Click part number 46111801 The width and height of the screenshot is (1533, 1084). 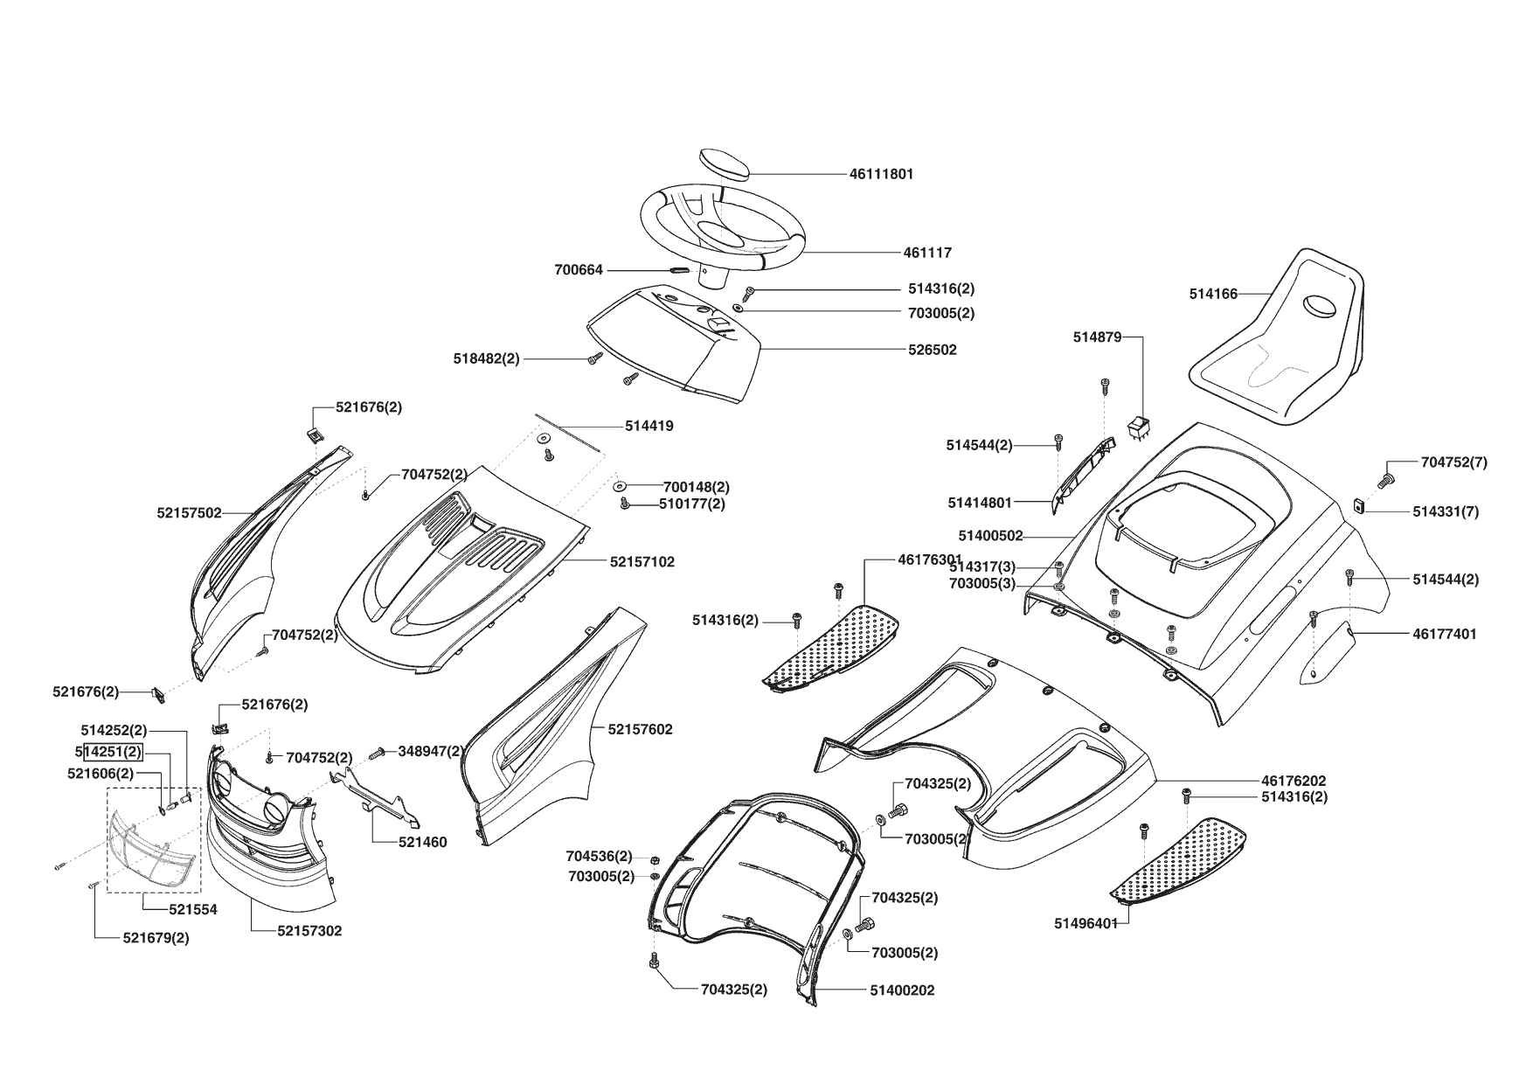(881, 174)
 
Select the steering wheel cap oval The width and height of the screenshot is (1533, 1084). (725, 164)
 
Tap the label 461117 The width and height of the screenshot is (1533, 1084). (927, 253)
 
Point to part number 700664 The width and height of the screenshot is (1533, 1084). (579, 270)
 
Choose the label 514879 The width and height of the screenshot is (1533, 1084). (1097, 337)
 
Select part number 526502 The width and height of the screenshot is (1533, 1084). (932, 350)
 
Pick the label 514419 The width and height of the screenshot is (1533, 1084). (649, 427)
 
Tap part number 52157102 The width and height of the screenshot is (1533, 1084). (642, 562)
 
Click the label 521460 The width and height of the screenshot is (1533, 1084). (423, 843)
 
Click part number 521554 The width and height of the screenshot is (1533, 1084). (193, 909)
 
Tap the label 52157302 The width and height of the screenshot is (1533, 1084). (309, 931)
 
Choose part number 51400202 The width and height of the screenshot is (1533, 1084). (902, 990)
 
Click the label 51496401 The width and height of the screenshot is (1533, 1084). (1086, 923)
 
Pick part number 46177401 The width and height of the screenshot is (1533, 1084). (1444, 634)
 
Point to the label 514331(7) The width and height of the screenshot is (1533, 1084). (1446, 511)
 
